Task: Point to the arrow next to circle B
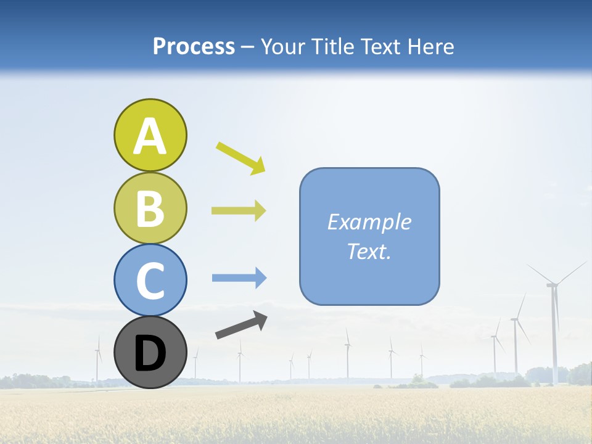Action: (239, 211)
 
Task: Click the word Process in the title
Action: (194, 46)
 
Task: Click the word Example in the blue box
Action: (369, 222)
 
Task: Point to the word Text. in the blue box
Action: (369, 251)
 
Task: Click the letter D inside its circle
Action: (150, 354)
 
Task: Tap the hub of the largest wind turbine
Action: (552, 284)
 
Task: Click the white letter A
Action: (150, 136)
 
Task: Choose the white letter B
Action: (150, 208)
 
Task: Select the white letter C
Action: (150, 281)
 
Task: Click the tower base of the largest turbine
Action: (555, 381)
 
